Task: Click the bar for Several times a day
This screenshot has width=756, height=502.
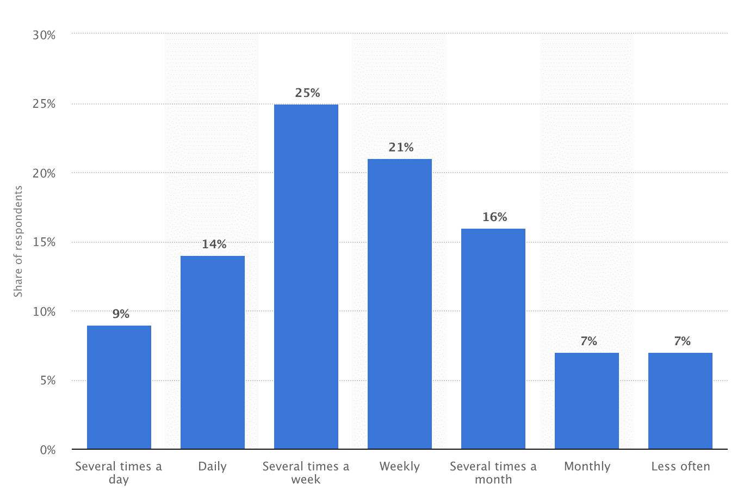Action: pyautogui.click(x=119, y=387)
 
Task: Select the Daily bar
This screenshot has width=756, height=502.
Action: pyautogui.click(x=213, y=352)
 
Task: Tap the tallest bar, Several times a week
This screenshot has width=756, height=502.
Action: pyautogui.click(x=306, y=277)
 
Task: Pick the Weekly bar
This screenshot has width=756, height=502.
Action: pyautogui.click(x=400, y=304)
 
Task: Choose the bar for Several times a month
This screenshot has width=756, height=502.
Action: pyautogui.click(x=493, y=339)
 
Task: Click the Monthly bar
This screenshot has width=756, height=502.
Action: pyautogui.click(x=587, y=401)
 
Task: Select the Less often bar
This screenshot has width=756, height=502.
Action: pyautogui.click(x=680, y=401)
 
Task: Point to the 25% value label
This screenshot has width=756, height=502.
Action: pyautogui.click(x=307, y=93)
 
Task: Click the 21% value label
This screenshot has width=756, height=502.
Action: pyautogui.click(x=401, y=148)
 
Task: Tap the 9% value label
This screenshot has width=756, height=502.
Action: pyautogui.click(x=121, y=314)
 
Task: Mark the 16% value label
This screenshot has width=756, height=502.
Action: pyautogui.click(x=494, y=217)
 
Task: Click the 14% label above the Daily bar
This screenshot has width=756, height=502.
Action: pyautogui.click(x=214, y=244)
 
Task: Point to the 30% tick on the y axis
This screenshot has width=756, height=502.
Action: pyautogui.click(x=44, y=35)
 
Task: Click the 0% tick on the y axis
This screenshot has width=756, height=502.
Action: pyautogui.click(x=48, y=450)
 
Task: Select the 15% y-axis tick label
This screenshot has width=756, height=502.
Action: pyautogui.click(x=44, y=242)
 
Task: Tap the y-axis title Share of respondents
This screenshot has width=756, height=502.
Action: pyautogui.click(x=18, y=242)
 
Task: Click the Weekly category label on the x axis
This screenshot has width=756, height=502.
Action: pyautogui.click(x=400, y=467)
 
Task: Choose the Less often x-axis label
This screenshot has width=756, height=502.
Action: pyautogui.click(x=680, y=467)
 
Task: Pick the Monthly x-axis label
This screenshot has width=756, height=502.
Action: pyautogui.click(x=587, y=467)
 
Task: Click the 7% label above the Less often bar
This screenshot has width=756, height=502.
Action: pyautogui.click(x=682, y=341)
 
